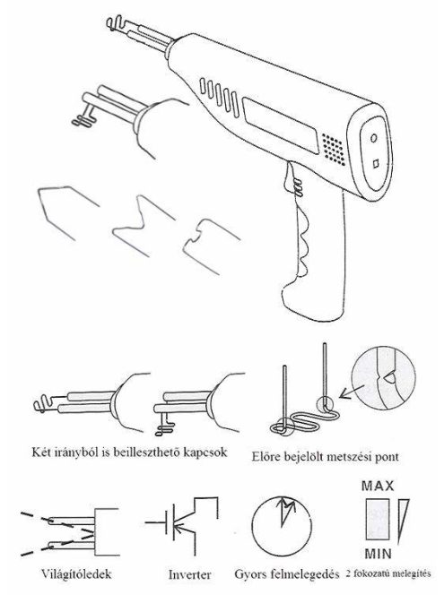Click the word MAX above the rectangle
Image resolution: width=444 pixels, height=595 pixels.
click(378, 486)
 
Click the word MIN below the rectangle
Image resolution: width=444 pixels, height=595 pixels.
click(378, 554)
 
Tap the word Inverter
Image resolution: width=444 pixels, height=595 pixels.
click(189, 574)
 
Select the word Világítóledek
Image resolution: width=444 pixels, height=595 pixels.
click(76, 573)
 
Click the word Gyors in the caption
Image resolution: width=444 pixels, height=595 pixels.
click(251, 573)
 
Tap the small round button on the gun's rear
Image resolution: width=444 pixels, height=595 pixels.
click(374, 138)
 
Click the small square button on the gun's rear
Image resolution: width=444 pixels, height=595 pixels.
click(376, 164)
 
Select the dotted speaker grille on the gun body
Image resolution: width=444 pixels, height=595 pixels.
click(334, 149)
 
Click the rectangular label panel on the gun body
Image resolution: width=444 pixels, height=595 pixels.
click(280, 125)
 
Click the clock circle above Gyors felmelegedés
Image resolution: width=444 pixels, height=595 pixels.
click(282, 525)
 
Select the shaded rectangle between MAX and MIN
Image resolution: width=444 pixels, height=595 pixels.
click(378, 519)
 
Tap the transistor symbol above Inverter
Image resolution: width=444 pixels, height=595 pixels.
click(182, 522)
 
